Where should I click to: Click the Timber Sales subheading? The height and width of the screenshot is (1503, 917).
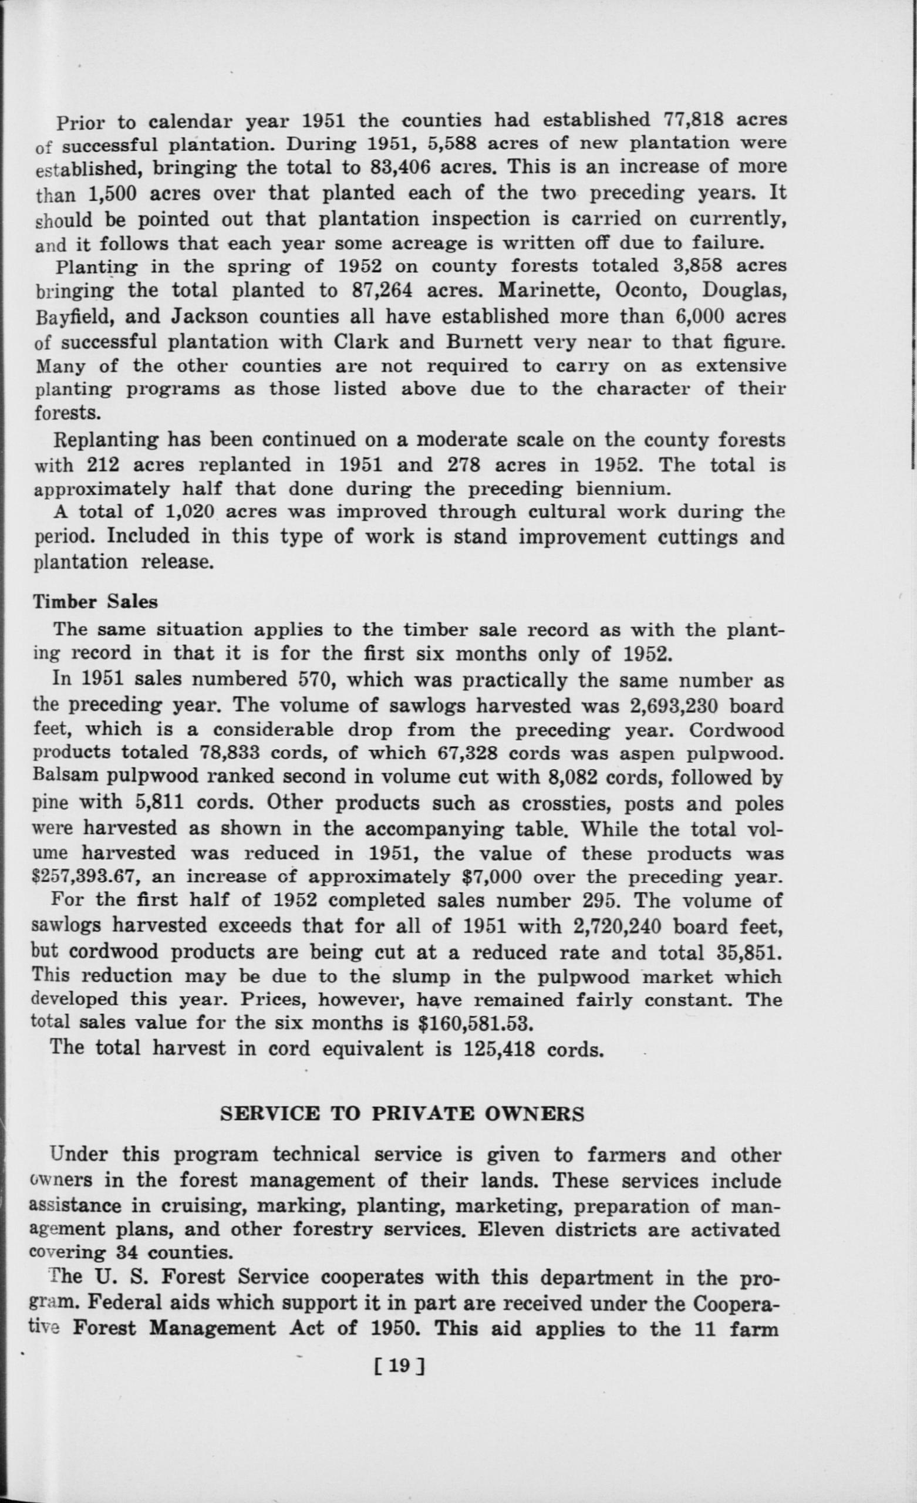point(95,601)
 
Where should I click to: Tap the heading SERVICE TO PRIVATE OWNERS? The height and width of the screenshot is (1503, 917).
point(402,1114)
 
